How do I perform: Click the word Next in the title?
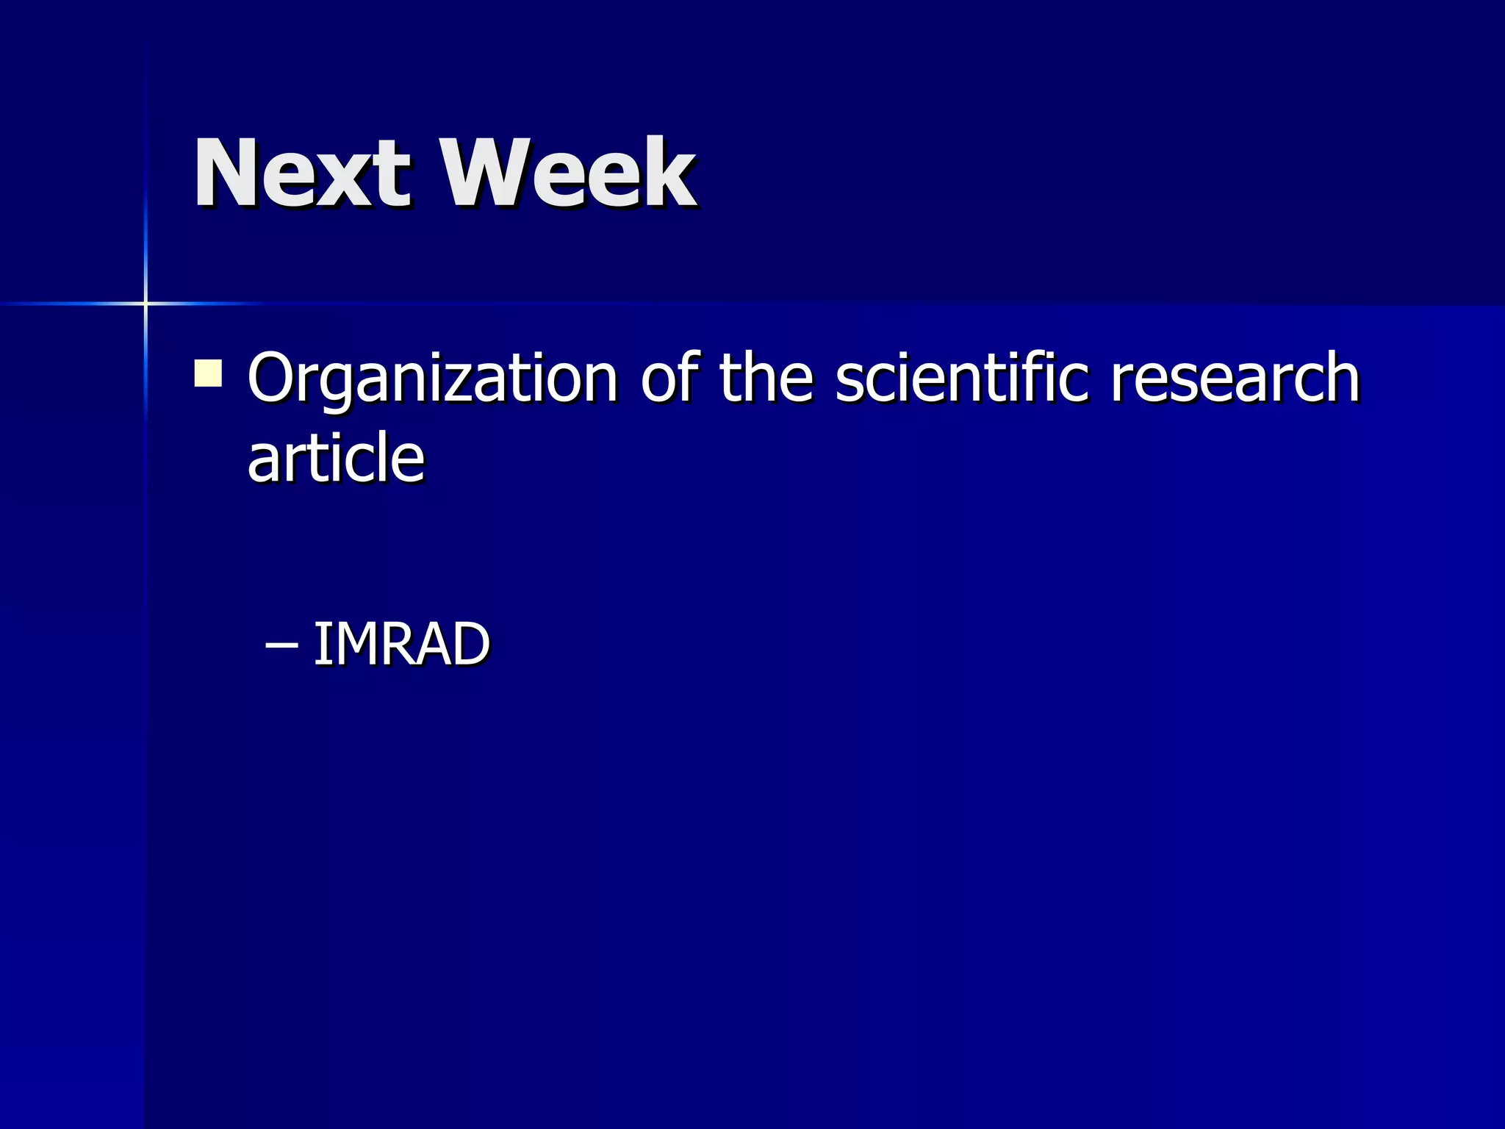[x=301, y=173]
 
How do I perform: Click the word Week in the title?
[x=567, y=173]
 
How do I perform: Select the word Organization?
[x=432, y=378]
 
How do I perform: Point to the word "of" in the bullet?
[x=669, y=378]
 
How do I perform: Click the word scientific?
[x=961, y=378]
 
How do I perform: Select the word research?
[x=1235, y=378]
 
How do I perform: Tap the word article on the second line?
[x=336, y=458]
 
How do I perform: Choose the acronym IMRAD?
[x=401, y=645]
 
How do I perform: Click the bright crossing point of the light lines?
[x=146, y=303]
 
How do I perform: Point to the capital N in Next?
[x=224, y=173]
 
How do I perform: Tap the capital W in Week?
[x=486, y=173]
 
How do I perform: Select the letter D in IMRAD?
[x=467, y=645]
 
